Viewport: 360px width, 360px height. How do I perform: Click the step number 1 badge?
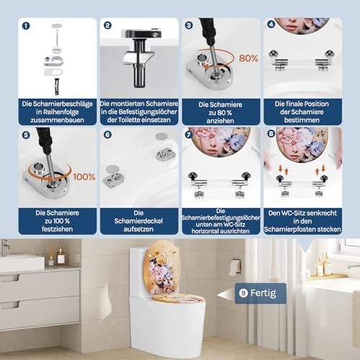pyautogui.click(x=26, y=26)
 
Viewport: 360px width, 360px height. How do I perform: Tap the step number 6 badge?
pyautogui.click(x=107, y=135)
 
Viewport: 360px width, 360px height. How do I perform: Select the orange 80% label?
pyautogui.click(x=248, y=58)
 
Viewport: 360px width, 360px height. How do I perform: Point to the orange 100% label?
pyautogui.click(x=84, y=177)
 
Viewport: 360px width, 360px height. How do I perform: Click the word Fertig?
pyautogui.click(x=263, y=293)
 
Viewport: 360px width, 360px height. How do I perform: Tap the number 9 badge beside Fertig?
pyautogui.click(x=243, y=293)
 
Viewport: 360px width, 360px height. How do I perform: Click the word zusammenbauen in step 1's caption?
pyautogui.click(x=57, y=120)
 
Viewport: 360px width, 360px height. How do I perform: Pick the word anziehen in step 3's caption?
pyautogui.click(x=220, y=121)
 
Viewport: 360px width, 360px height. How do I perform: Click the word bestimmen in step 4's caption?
pyautogui.click(x=302, y=120)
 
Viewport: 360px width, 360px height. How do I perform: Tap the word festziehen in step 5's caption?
pyautogui.click(x=58, y=229)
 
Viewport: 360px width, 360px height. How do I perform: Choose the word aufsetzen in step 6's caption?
pyautogui.click(x=138, y=229)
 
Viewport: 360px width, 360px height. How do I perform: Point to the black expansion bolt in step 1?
pyautogui.click(x=57, y=86)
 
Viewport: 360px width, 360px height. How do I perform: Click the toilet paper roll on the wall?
pyautogui.click(x=235, y=267)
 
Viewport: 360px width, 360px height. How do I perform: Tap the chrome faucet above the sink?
pyautogui.click(x=5, y=247)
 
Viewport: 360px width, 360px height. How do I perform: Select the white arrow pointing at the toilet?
pyautogui.click(x=226, y=295)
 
